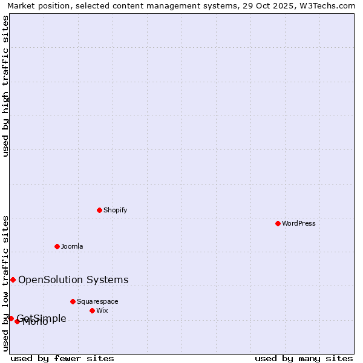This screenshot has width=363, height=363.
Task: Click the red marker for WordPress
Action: pos(278,223)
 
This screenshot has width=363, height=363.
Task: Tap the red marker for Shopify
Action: pos(99,210)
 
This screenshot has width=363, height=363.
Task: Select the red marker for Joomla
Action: pos(57,246)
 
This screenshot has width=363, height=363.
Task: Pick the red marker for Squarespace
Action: pos(73,301)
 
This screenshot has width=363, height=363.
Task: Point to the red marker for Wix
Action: pos(92,310)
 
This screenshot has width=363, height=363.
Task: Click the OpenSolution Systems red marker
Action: pos(13,280)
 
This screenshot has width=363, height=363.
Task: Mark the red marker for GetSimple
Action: pos(11,318)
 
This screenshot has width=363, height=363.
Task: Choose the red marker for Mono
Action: pos(17,321)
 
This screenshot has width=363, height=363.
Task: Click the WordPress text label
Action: pos(299,223)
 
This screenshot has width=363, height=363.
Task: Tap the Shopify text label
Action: pos(115,210)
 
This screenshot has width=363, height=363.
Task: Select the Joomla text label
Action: pos(72,246)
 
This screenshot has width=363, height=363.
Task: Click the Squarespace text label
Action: pos(97,301)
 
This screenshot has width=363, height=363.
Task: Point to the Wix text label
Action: pos(102,310)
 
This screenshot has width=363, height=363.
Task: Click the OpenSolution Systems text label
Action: pos(73,280)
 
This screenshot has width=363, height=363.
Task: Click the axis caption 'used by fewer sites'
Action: pos(62,358)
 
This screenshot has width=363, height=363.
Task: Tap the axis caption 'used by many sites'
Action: pos(304,358)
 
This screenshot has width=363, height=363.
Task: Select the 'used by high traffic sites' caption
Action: pos(5,86)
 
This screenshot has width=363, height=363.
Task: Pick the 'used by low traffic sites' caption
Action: pos(5,283)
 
